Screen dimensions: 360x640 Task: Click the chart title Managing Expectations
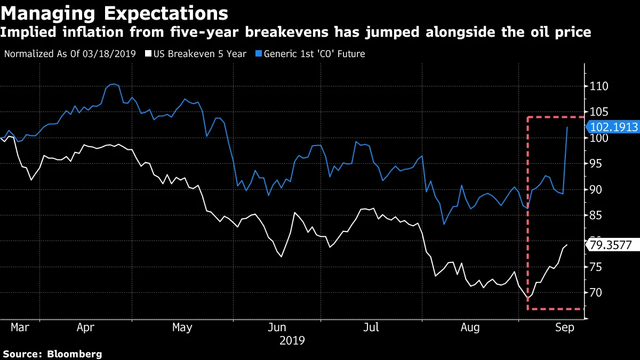pyautogui.click(x=114, y=13)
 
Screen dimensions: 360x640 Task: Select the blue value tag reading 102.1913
pyautogui.click(x=612, y=127)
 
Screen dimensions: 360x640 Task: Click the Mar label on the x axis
pyautogui.click(x=20, y=327)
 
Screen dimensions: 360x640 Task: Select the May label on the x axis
pyautogui.click(x=182, y=327)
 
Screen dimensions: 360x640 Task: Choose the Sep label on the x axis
pyautogui.click(x=564, y=327)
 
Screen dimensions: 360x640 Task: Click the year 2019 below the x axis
pyautogui.click(x=292, y=340)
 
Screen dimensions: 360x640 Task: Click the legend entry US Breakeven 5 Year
pyautogui.click(x=200, y=54)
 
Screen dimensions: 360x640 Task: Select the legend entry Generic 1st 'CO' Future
pyautogui.click(x=313, y=54)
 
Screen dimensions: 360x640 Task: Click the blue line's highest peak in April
pyautogui.click(x=113, y=84)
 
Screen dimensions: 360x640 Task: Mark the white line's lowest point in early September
pyautogui.click(x=527, y=297)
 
